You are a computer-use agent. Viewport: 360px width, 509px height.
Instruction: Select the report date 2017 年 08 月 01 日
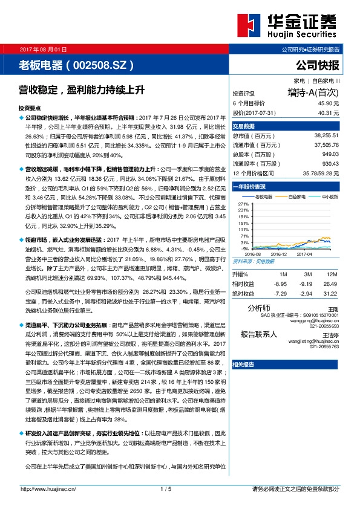tap(44, 49)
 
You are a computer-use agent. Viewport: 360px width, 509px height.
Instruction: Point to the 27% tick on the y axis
tap(244, 204)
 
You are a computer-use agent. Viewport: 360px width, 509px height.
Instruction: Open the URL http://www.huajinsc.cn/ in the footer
tap(48, 488)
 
